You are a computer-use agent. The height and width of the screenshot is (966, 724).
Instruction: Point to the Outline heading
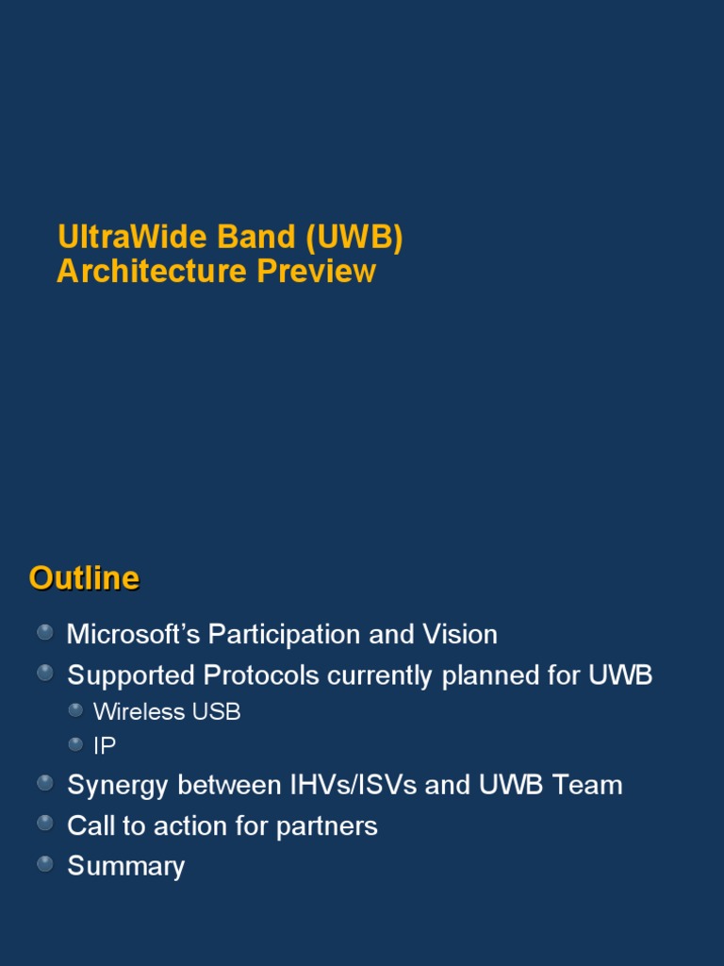point(84,577)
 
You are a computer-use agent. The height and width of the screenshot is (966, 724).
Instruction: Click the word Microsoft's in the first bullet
point(133,635)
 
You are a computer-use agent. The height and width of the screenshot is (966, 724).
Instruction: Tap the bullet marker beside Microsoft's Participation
point(45,632)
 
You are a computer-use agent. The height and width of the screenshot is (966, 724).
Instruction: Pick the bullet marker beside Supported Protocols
point(45,673)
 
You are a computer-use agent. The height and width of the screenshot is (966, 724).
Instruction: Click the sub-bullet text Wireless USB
point(167,712)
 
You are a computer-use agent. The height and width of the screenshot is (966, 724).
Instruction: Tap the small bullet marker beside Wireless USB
point(75,710)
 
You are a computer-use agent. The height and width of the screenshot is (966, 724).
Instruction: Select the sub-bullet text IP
point(105,746)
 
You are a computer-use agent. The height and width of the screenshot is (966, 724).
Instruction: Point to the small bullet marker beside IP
point(75,744)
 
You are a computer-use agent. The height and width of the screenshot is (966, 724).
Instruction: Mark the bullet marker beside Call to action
point(45,823)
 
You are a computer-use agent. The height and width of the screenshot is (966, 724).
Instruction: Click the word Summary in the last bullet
point(125,867)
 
